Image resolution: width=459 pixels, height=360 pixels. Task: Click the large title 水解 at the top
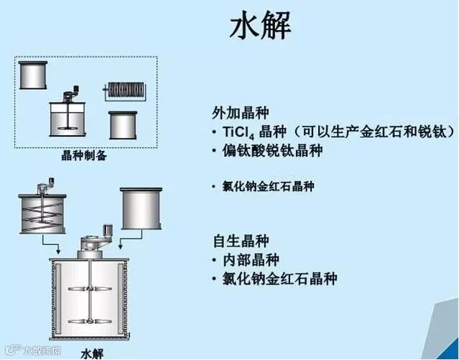[260, 27]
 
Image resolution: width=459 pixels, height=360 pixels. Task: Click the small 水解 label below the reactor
[93, 353]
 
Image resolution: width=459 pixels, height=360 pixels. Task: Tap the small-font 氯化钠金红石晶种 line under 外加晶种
[269, 186]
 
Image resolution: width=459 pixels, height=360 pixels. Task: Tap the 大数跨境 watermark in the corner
[32, 351]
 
